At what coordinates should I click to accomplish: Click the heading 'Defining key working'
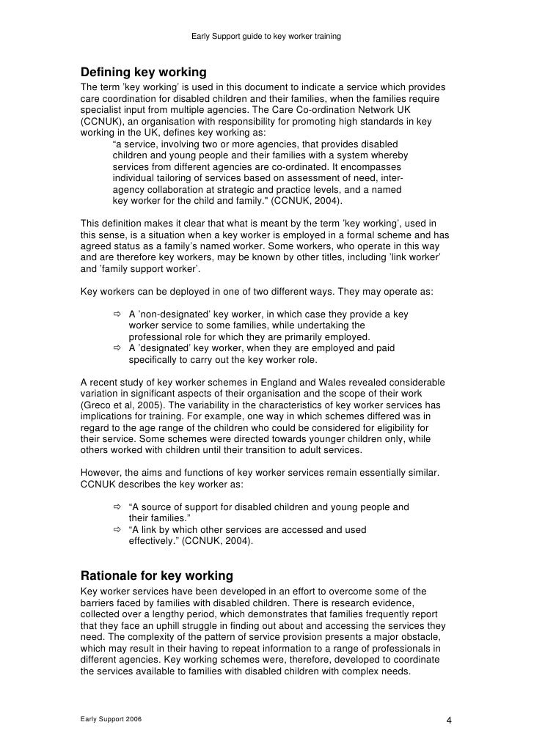click(x=143, y=73)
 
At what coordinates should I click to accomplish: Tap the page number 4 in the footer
click(x=449, y=720)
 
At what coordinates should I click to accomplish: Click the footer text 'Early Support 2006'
click(x=111, y=719)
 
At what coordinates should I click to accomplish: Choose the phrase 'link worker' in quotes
click(x=414, y=258)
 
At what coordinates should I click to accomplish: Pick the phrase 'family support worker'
click(x=139, y=270)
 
